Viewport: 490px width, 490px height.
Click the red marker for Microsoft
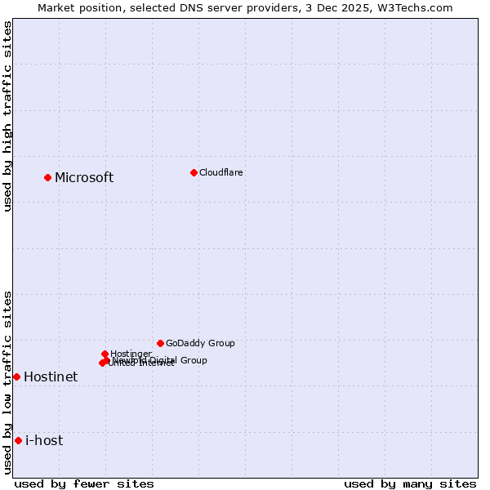pyautogui.click(x=47, y=177)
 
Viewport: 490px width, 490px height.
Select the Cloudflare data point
pyautogui.click(x=194, y=172)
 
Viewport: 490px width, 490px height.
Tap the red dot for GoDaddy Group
pyautogui.click(x=160, y=343)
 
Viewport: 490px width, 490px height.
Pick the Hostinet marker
pyautogui.click(x=16, y=376)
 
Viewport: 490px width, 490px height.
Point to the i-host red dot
pyautogui.click(x=18, y=440)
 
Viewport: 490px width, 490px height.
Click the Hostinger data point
pyautogui.click(x=105, y=354)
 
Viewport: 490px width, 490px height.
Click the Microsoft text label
pyautogui.click(x=84, y=178)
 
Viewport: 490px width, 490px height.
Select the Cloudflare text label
pyautogui.click(x=221, y=172)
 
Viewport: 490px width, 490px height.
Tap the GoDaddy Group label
pyautogui.click(x=200, y=343)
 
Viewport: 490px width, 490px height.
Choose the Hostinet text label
pyautogui.click(x=51, y=377)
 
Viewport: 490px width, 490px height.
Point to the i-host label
pyautogui.click(x=44, y=441)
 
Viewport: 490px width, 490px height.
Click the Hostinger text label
pyautogui.click(x=131, y=354)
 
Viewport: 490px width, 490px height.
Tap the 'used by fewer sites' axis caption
pyautogui.click(x=84, y=483)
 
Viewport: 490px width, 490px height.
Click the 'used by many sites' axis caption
pyautogui.click(x=410, y=483)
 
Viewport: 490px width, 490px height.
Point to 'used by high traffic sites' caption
pyautogui.click(x=7, y=116)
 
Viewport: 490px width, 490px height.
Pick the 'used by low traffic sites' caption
pyautogui.click(x=7, y=382)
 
